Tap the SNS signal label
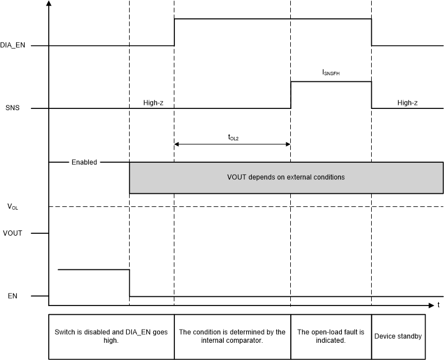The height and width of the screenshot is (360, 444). pyautogui.click(x=11, y=108)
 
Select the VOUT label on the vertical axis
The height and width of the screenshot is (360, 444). pyautogui.click(x=12, y=233)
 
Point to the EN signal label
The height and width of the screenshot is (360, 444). pyautogui.click(x=11, y=296)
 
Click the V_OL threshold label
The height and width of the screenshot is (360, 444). pyautogui.click(x=13, y=206)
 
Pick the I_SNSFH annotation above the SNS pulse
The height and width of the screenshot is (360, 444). pyautogui.click(x=331, y=73)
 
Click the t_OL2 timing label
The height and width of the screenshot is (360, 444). pyautogui.click(x=233, y=137)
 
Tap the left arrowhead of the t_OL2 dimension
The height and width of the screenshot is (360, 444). pyautogui.click(x=177, y=144)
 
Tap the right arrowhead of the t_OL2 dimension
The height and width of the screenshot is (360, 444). pyautogui.click(x=287, y=144)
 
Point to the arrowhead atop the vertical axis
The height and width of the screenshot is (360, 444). pyautogui.click(x=50, y=4)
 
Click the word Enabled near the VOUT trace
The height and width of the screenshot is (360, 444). pyautogui.click(x=84, y=162)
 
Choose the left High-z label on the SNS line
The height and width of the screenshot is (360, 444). pyautogui.click(x=153, y=103)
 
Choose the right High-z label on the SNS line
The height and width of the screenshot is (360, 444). pyautogui.click(x=407, y=103)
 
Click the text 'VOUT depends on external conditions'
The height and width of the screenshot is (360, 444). pyautogui.click(x=286, y=177)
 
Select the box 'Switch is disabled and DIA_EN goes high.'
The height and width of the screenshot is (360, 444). pyautogui.click(x=111, y=336)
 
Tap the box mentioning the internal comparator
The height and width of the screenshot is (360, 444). pyautogui.click(x=232, y=336)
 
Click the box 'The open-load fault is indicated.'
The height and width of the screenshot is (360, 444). pyautogui.click(x=331, y=336)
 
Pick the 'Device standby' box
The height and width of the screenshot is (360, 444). pyautogui.click(x=398, y=336)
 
